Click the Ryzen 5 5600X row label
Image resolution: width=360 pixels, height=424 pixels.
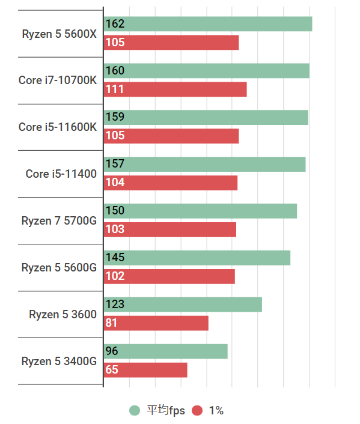tap(59, 34)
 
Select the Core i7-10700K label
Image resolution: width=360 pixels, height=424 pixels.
tap(57, 80)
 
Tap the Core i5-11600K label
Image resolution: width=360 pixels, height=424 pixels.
tap(57, 127)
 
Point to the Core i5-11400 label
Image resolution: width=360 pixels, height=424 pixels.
tap(61, 174)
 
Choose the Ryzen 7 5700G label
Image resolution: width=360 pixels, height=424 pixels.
tap(58, 220)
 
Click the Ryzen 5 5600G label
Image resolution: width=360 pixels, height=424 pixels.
tap(58, 267)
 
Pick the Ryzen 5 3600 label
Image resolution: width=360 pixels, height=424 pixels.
tap(63, 314)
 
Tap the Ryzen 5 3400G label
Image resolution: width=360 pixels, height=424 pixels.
tap(58, 361)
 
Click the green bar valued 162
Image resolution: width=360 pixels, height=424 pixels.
tap(208, 24)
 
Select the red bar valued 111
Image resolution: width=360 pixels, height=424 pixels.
tap(175, 89)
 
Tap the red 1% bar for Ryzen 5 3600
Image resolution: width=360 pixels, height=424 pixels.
tap(156, 323)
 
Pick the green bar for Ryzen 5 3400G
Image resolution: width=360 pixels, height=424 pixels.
tap(165, 351)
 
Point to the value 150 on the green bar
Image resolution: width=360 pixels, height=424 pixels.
tap(115, 211)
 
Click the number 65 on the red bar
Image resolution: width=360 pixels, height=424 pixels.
tap(112, 370)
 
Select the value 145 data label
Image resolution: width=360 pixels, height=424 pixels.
tap(115, 258)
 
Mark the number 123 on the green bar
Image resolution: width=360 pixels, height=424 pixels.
tap(115, 304)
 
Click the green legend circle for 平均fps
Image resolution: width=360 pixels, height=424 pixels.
tap(135, 411)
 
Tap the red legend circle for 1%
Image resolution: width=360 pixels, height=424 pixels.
tap(197, 411)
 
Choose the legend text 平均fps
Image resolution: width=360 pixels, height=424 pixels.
tap(166, 411)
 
